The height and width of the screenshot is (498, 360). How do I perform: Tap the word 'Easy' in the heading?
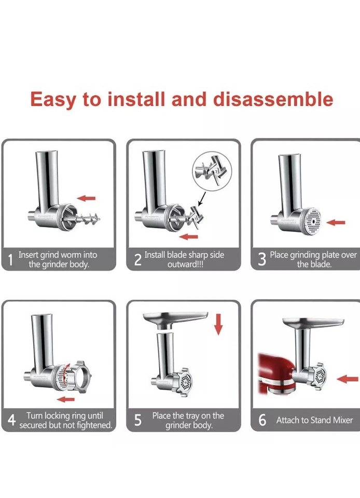coord(53,99)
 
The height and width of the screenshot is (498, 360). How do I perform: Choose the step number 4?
coord(11,421)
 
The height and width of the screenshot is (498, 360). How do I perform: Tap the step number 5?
coord(137,420)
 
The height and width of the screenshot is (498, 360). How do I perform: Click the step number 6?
coord(262,420)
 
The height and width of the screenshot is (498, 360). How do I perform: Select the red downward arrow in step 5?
coord(218,324)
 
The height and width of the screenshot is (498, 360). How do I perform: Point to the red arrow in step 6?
coord(347,379)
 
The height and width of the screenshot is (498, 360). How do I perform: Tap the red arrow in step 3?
coord(338,223)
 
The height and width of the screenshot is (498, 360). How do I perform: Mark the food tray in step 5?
coord(176,317)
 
